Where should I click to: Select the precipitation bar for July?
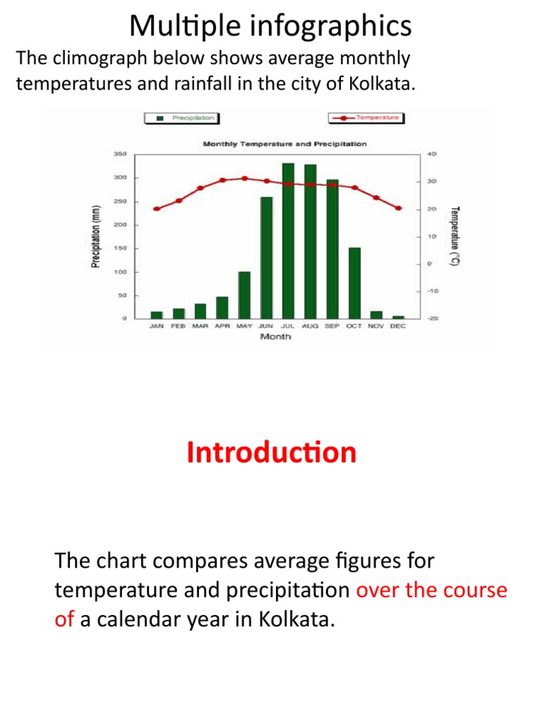click(x=288, y=241)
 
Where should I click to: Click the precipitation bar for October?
click(x=354, y=283)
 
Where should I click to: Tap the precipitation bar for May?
click(x=244, y=295)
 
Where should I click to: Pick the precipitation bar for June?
click(x=266, y=258)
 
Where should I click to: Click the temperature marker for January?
click(x=156, y=209)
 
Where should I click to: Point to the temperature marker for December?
click(x=399, y=208)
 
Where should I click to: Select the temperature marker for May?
click(x=244, y=179)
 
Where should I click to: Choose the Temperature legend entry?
click(x=368, y=118)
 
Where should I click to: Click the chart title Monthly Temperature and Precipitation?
click(x=284, y=144)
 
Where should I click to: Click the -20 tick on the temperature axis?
click(x=433, y=318)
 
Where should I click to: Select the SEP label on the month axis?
click(x=332, y=327)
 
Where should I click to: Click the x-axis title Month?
click(x=275, y=337)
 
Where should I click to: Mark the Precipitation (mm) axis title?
click(x=95, y=236)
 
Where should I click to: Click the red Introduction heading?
click(x=272, y=453)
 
